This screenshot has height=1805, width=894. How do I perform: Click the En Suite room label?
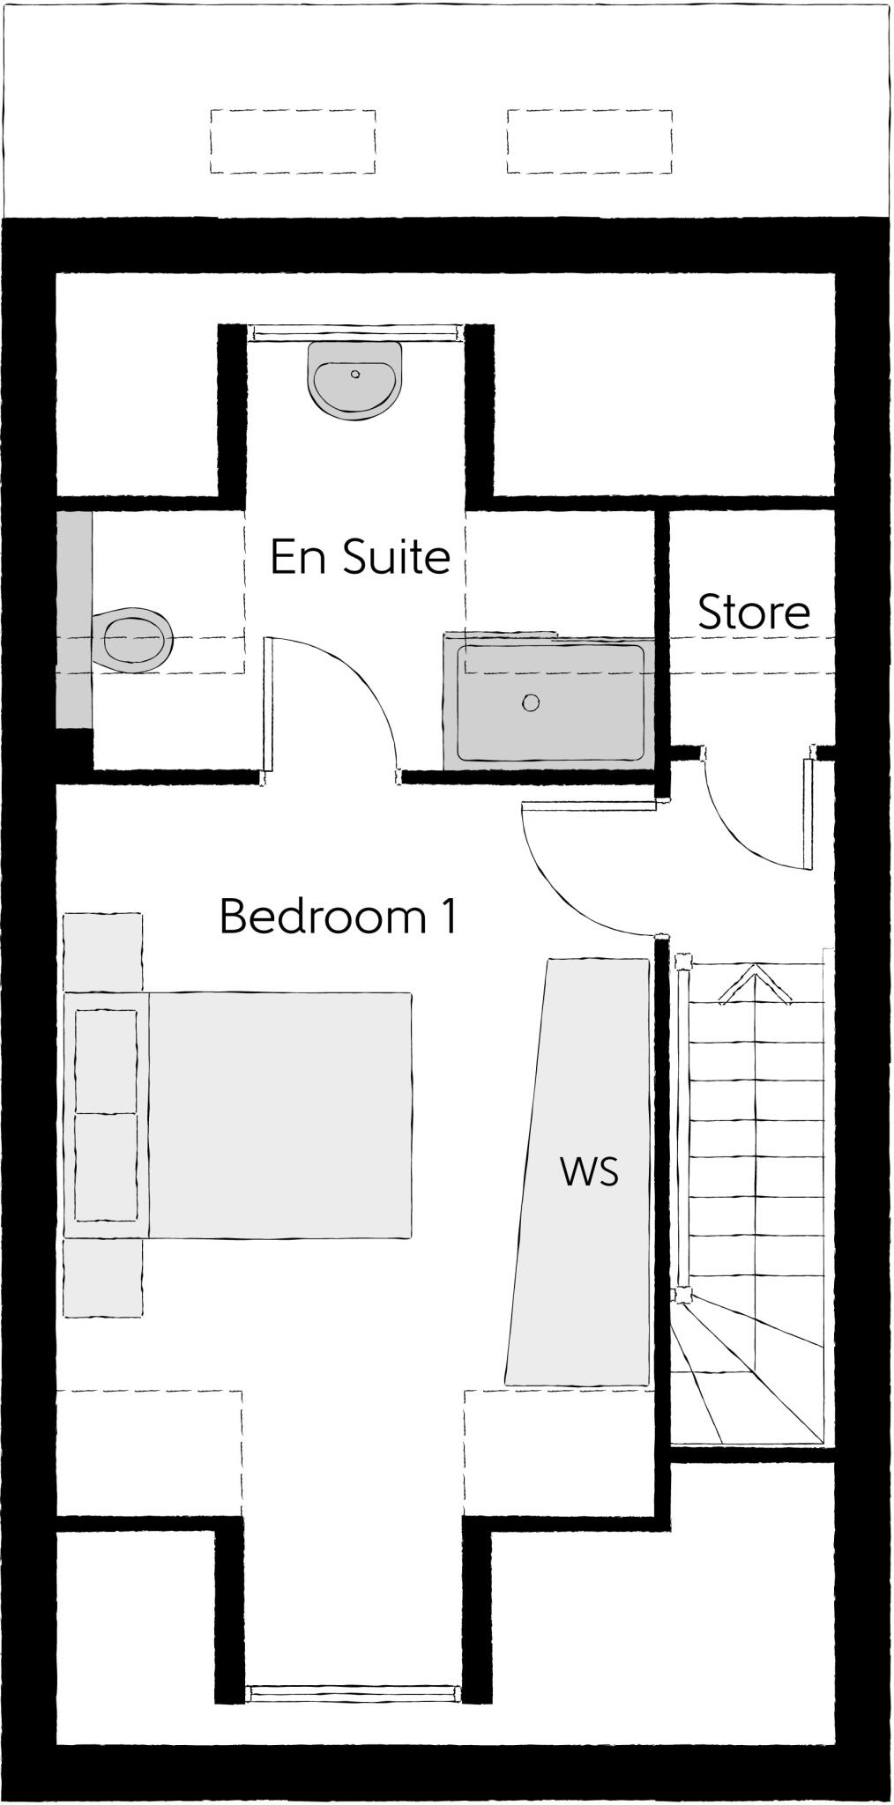(360, 557)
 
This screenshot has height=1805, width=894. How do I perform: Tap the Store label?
(754, 613)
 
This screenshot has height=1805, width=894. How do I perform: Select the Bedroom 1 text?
(339, 917)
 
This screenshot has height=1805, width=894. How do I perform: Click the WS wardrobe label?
(589, 1172)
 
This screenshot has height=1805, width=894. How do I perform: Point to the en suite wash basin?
(355, 380)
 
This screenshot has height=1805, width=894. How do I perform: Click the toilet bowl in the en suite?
(137, 639)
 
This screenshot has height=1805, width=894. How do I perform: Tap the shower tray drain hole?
(530, 702)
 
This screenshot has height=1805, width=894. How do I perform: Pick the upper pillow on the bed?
(107, 1061)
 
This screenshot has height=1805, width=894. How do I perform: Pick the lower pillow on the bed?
(107, 1168)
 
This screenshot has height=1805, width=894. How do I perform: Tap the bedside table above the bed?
(103, 952)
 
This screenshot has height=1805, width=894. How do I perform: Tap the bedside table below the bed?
(103, 1278)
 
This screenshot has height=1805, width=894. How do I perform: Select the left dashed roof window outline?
(293, 142)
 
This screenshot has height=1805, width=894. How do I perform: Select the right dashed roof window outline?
(590, 142)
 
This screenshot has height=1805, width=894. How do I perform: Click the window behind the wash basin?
(354, 332)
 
